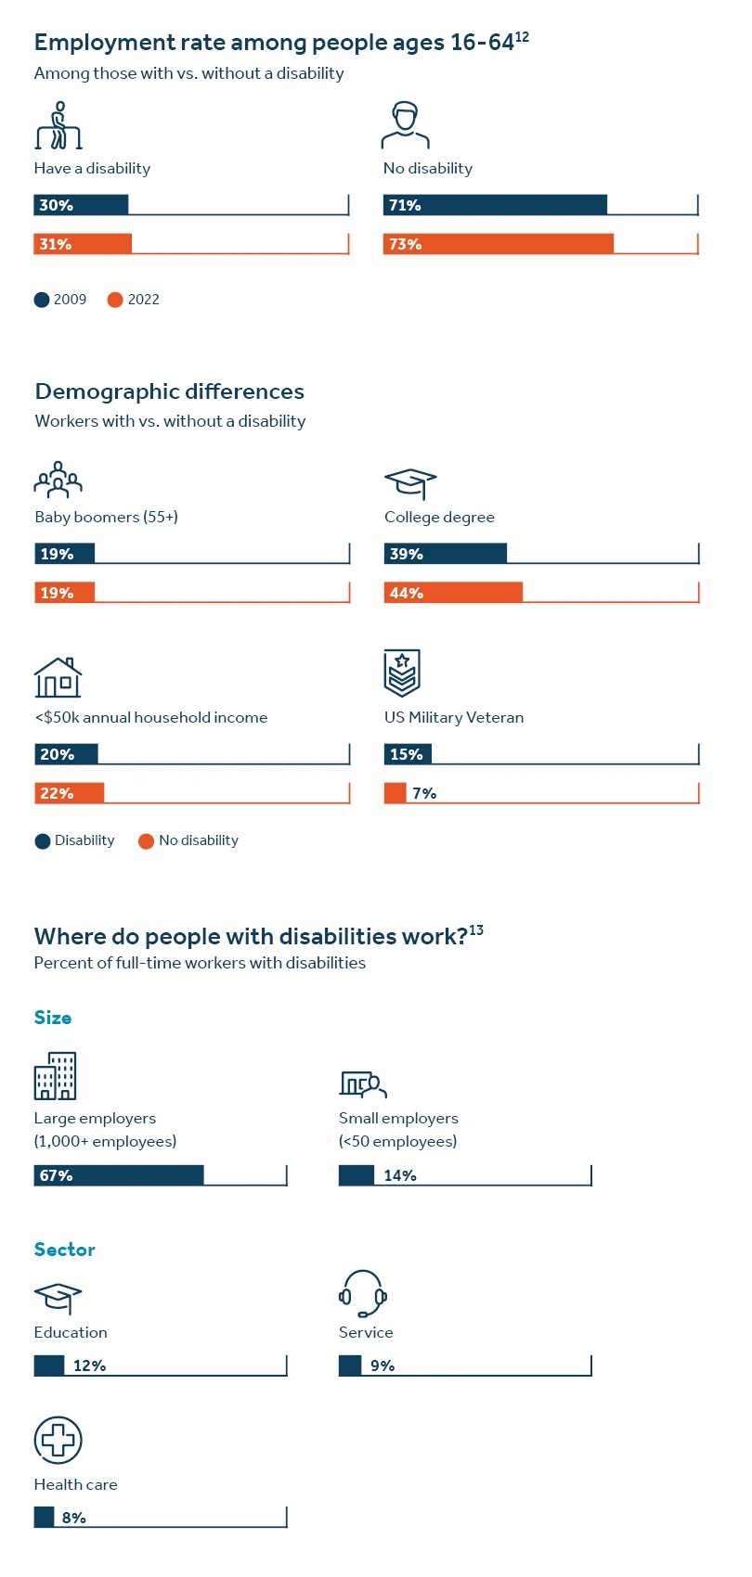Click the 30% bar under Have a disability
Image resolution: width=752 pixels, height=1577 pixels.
click(81, 205)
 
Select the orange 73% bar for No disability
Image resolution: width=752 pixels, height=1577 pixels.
click(498, 244)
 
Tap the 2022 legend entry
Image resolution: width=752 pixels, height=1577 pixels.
click(134, 300)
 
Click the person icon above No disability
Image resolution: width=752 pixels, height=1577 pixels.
click(405, 126)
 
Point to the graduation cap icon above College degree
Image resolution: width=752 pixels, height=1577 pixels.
click(409, 483)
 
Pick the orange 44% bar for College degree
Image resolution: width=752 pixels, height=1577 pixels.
click(453, 593)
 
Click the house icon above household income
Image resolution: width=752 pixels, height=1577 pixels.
click(58, 677)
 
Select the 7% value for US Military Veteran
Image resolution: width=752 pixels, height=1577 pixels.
click(423, 793)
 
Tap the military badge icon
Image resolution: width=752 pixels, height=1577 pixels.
click(402, 673)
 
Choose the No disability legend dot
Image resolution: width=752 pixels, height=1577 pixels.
click(146, 841)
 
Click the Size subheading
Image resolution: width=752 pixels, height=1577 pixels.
click(53, 1018)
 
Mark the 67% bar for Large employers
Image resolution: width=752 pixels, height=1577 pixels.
click(119, 1175)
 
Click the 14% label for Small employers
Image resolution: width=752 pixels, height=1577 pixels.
click(400, 1175)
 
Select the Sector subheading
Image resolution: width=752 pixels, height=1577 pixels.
click(65, 1250)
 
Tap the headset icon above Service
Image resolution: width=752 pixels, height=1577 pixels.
click(363, 1293)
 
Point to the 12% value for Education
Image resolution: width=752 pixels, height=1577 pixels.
click(89, 1365)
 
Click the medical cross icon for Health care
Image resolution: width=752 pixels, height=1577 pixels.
click(58, 1440)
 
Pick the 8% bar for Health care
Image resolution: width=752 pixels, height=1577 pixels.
click(45, 1518)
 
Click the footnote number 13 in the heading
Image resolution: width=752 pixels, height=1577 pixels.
click(476, 930)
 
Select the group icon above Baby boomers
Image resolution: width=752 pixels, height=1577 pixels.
click(58, 480)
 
